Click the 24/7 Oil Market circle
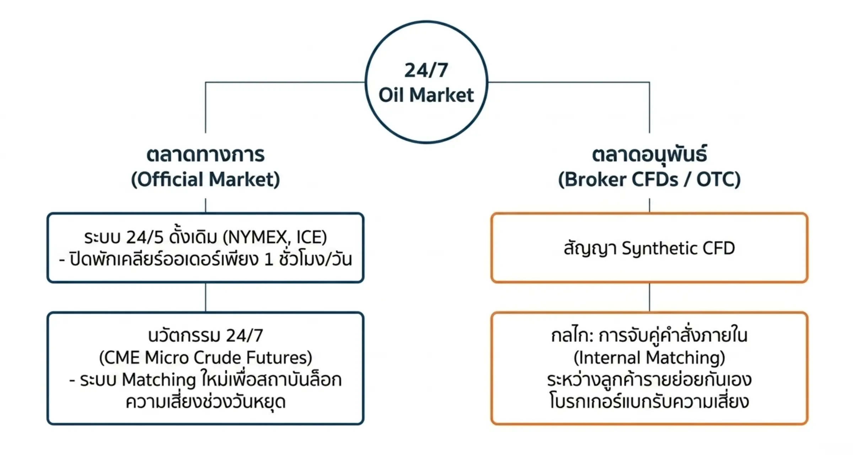426,22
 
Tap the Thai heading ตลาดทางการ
205,155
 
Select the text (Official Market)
205,179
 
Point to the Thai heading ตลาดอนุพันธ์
649,155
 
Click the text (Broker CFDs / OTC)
649,179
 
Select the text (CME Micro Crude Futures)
205,358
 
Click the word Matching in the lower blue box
159,380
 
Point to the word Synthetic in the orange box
653,248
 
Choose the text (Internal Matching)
649,358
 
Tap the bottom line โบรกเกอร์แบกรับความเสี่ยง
649,402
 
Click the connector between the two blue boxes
205,297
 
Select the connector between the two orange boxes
649,297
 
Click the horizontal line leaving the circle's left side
285,82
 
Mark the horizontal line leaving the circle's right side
569,82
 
